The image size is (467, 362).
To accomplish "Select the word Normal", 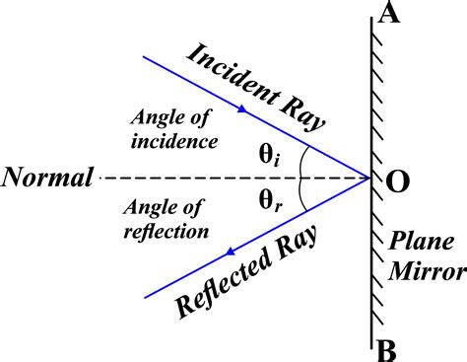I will [x=46, y=179].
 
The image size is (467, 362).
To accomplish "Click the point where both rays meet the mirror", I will [x=369, y=179].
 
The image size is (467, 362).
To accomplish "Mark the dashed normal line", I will [x=197, y=179].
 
